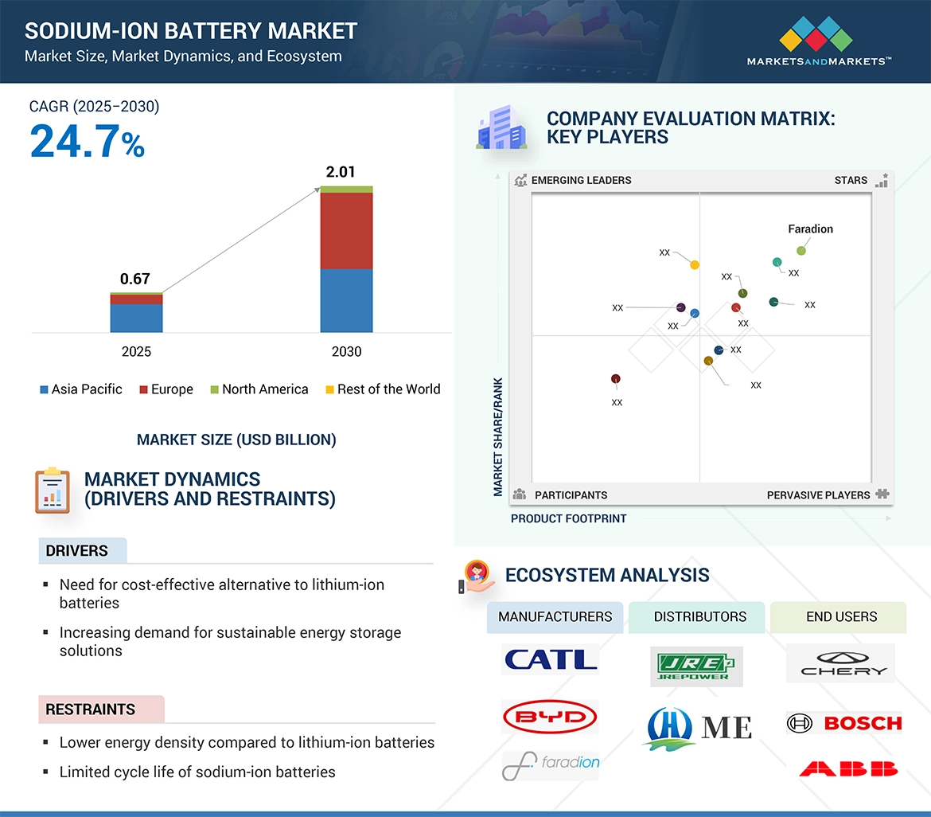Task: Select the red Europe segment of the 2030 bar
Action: click(x=346, y=230)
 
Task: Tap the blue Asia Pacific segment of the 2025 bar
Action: click(x=136, y=318)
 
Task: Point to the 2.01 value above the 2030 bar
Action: click(x=340, y=172)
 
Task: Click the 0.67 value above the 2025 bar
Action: click(x=134, y=279)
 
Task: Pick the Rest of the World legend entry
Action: click(x=383, y=389)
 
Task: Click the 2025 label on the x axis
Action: click(x=136, y=351)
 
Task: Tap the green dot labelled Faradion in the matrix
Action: click(x=801, y=251)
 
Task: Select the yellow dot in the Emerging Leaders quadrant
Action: click(x=695, y=265)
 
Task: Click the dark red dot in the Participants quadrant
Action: click(x=615, y=379)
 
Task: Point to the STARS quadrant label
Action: click(x=851, y=180)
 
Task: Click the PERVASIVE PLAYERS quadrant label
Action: click(x=818, y=495)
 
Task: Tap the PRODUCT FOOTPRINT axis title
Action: click(x=568, y=518)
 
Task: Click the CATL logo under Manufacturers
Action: click(x=551, y=659)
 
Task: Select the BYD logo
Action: click(x=550, y=717)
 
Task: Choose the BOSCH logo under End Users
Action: click(x=844, y=723)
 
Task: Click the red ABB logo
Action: click(x=848, y=768)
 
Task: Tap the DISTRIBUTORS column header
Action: click(x=699, y=616)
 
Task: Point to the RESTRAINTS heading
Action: click(x=90, y=709)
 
